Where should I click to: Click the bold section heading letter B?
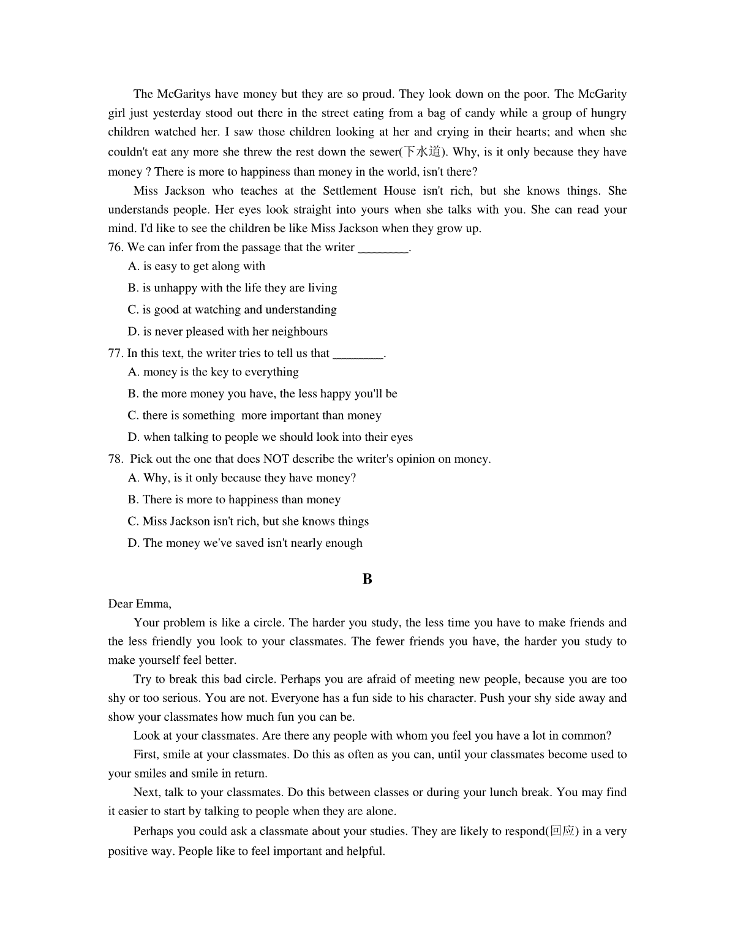[x=367, y=579]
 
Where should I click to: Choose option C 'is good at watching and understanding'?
[x=232, y=310]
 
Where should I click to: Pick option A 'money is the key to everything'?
[x=213, y=372]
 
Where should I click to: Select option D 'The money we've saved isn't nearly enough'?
[x=245, y=543]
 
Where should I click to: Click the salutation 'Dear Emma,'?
[x=140, y=604]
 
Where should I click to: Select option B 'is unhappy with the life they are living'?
[x=233, y=288]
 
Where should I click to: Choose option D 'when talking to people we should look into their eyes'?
[x=270, y=437]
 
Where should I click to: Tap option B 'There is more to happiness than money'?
[x=234, y=500]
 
